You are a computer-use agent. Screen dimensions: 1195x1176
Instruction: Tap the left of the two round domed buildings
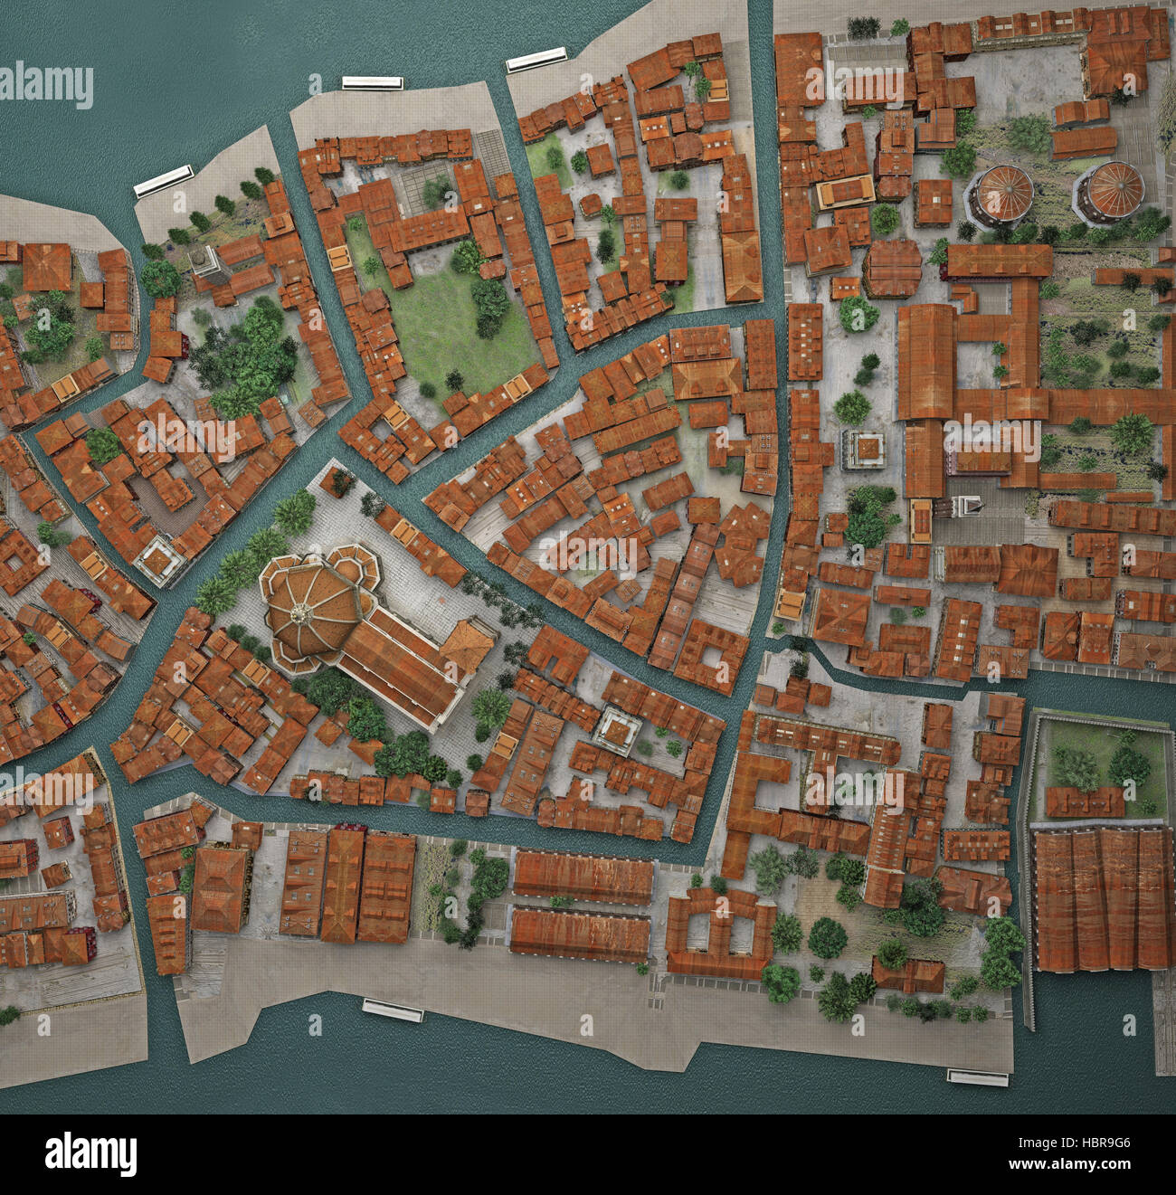coord(1001,195)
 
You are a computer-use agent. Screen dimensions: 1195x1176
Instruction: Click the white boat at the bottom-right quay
coord(977,1076)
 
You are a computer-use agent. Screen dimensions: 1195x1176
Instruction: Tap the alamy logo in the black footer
coord(90,1154)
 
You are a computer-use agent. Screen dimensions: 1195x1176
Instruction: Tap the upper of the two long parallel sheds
coord(583,877)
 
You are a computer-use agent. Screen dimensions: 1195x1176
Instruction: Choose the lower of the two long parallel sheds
coord(580,934)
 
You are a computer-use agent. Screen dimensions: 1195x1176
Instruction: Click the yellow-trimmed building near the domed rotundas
coord(846,192)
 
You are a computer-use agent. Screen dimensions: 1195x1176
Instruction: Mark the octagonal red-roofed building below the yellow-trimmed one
coord(891,268)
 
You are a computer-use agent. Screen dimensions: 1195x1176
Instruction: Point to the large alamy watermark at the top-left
coord(47,87)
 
